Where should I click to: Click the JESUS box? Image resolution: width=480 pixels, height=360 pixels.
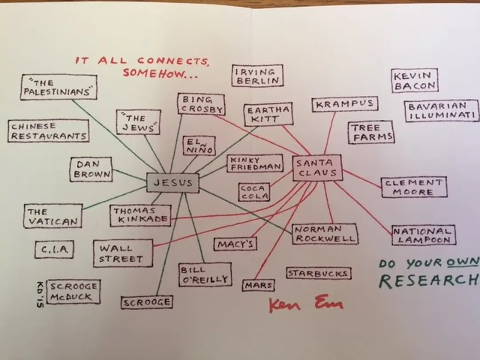(173, 183)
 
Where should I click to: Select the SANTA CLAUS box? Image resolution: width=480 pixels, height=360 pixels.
(317, 168)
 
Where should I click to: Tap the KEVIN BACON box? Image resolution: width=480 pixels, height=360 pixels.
(415, 81)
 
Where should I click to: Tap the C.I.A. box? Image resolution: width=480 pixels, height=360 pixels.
(54, 250)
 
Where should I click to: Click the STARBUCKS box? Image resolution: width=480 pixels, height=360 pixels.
(318, 273)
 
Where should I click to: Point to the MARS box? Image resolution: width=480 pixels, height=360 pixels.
(258, 285)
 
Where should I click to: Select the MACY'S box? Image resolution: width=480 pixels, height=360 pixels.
(236, 244)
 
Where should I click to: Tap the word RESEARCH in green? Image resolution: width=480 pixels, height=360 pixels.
(429, 281)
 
